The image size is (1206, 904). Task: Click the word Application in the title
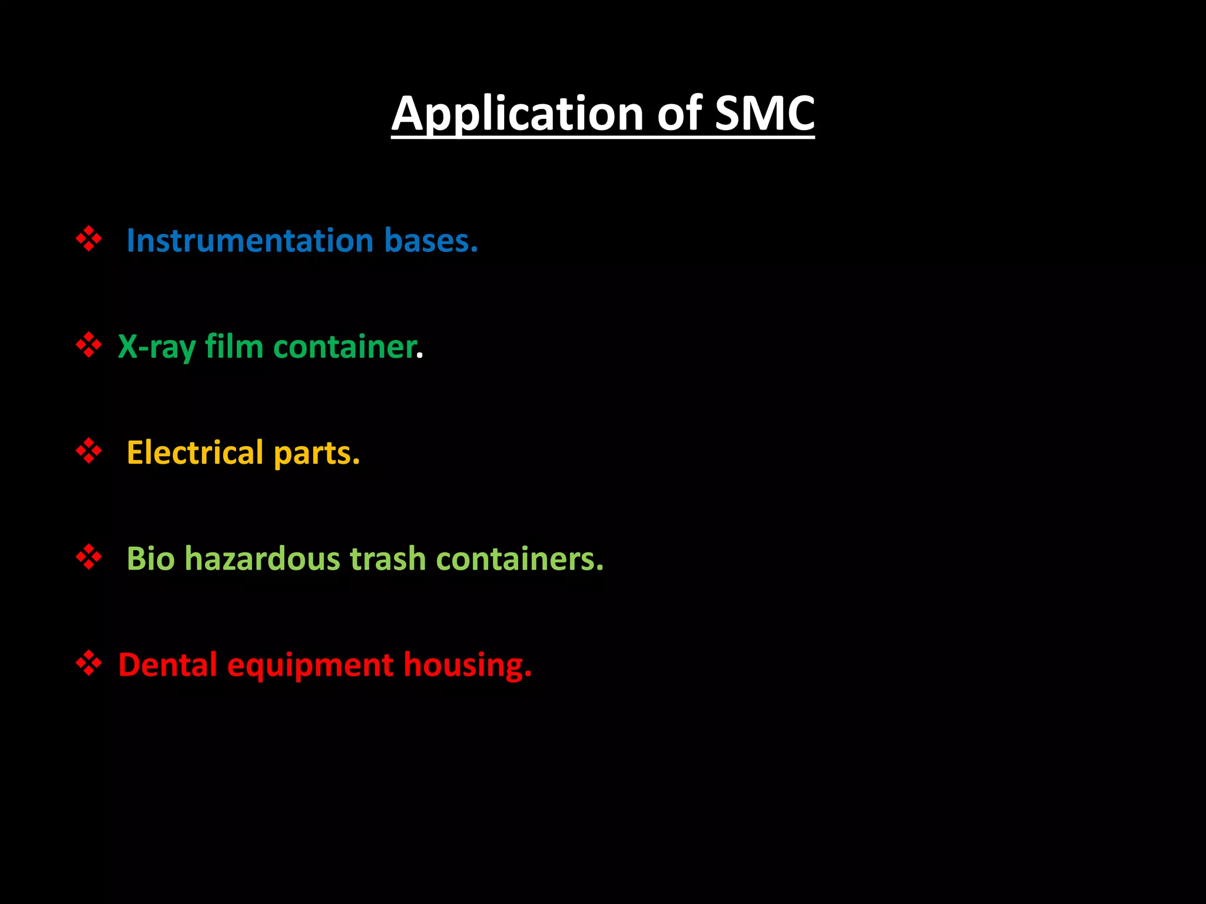pos(518,114)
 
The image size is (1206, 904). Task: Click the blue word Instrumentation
pos(250,241)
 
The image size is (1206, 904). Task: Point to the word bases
pos(430,241)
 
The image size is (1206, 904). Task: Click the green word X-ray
pos(157,347)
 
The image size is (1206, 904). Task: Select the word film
pos(234,347)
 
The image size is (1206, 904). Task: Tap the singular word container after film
pos(345,347)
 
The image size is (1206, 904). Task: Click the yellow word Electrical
pos(195,453)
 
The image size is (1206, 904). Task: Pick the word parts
pos(317,453)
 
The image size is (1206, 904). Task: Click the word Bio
pos(151,559)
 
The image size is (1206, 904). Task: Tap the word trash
pos(388,559)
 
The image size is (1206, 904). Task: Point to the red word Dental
pos(168,664)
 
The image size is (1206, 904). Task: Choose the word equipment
pos(310,666)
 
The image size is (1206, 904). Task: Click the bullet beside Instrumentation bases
pos(89,239)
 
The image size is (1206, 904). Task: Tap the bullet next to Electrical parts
pos(89,451)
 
